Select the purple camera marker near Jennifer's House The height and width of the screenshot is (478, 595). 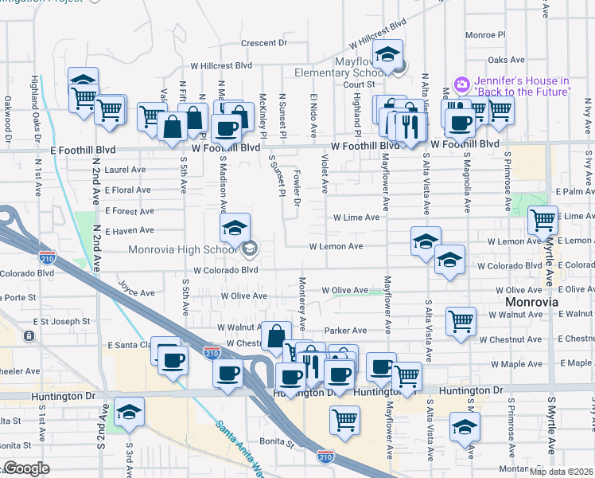click(x=461, y=84)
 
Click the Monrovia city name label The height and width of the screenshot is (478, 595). click(x=532, y=303)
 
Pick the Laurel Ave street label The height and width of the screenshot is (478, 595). click(x=125, y=170)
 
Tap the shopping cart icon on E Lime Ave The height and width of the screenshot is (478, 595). click(x=542, y=219)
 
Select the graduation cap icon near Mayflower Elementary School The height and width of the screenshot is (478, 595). click(x=387, y=53)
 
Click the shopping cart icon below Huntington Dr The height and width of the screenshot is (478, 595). click(x=344, y=419)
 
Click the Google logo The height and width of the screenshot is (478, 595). click(x=26, y=468)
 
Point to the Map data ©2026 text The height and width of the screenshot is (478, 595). click(x=560, y=471)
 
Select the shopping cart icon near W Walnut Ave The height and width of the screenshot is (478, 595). click(x=461, y=321)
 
